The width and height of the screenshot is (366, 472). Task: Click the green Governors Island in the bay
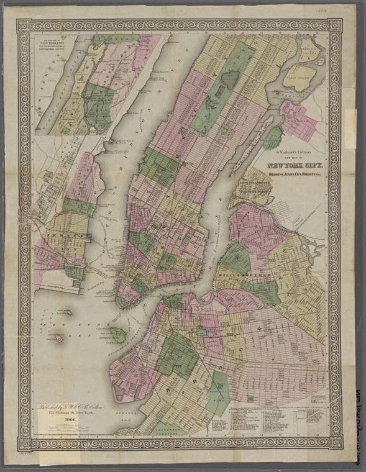coord(118,335)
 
